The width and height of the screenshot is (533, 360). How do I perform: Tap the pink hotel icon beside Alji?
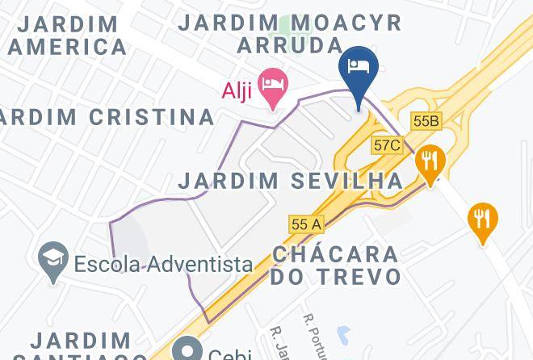pyautogui.click(x=275, y=87)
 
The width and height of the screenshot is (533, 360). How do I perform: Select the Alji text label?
pyautogui.click(x=238, y=89)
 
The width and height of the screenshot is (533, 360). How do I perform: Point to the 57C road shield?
pyautogui.click(x=387, y=145)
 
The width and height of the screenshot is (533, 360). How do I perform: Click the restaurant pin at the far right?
pyautogui.click(x=482, y=220)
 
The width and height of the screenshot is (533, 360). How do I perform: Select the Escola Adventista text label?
pyautogui.click(x=163, y=263)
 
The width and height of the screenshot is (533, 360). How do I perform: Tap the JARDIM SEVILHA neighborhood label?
pyautogui.click(x=291, y=181)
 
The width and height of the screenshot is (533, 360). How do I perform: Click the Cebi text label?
pyautogui.click(x=231, y=354)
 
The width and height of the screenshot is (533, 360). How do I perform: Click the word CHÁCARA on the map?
pyautogui.click(x=335, y=253)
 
